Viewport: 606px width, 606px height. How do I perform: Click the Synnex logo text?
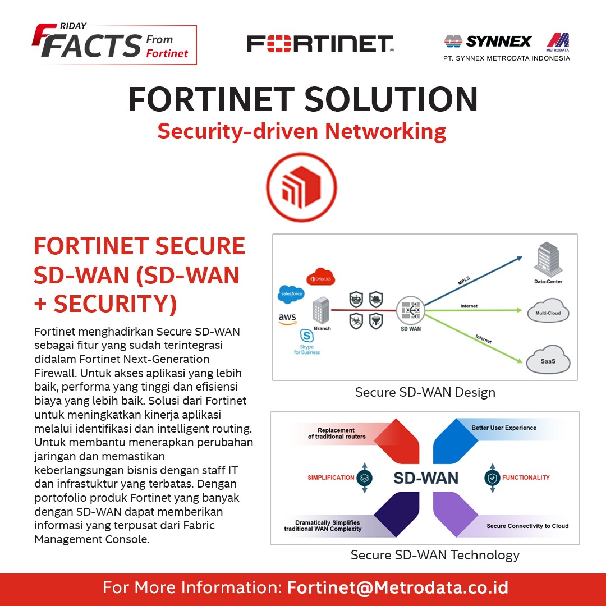pos(499,41)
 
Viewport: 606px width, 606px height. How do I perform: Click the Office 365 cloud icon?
pos(320,278)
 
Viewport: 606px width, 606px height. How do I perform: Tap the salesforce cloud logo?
pos(291,294)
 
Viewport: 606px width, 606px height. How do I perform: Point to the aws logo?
pos(287,319)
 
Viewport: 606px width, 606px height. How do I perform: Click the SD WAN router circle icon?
pos(410,310)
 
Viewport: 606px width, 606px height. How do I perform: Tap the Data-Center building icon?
pos(547,259)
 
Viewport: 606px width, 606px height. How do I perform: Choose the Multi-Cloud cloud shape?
pos(548,314)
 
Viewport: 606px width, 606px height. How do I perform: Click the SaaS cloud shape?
pos(548,360)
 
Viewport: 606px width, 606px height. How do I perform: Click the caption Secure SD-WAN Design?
pos(425,392)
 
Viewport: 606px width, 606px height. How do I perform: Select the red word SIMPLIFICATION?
pos(330,478)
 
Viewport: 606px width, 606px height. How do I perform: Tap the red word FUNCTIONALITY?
pos(526,478)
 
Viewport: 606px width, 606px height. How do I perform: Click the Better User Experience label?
pos(503,428)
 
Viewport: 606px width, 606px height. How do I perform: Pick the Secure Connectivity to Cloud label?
pos(527,526)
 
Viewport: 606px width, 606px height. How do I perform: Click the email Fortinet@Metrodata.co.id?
pos(397,588)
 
